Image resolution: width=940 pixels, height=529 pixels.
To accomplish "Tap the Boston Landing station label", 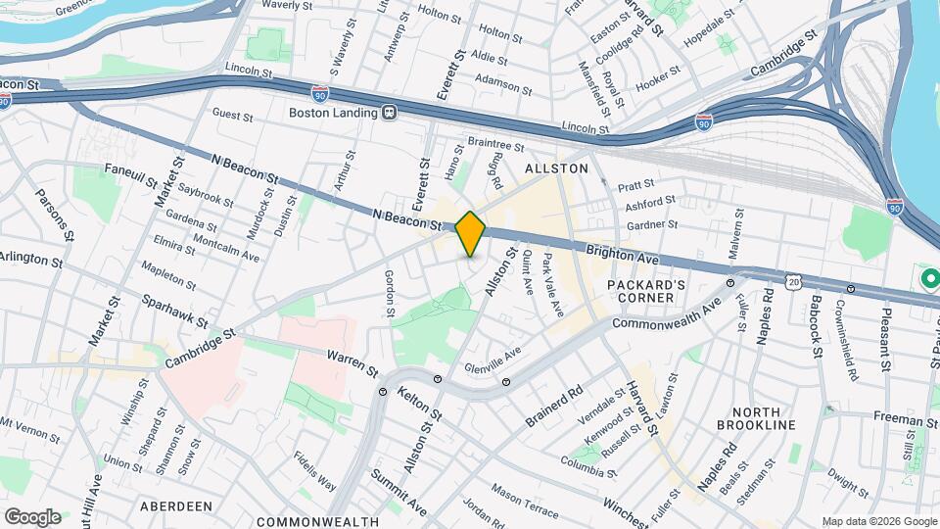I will pos(332,113).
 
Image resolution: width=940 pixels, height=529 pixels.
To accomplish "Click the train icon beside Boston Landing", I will pos(389,113).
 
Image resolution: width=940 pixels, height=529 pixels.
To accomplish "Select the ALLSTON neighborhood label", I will pos(556,168).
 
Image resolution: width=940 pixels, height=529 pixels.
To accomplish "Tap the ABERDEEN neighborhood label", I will pos(176,506).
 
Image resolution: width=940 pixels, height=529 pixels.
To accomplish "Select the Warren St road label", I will pos(352,363).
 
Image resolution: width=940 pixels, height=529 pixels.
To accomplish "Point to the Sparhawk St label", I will pos(174,312).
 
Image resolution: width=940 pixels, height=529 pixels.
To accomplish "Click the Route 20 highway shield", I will pos(791,281).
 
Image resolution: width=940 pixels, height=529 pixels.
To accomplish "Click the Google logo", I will pos(32,516).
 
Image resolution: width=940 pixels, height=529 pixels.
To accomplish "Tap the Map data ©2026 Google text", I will pos(878,521).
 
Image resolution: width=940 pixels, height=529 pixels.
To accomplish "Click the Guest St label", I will pos(233,116).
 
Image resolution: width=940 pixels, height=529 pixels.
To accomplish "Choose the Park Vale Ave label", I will pos(553,284).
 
